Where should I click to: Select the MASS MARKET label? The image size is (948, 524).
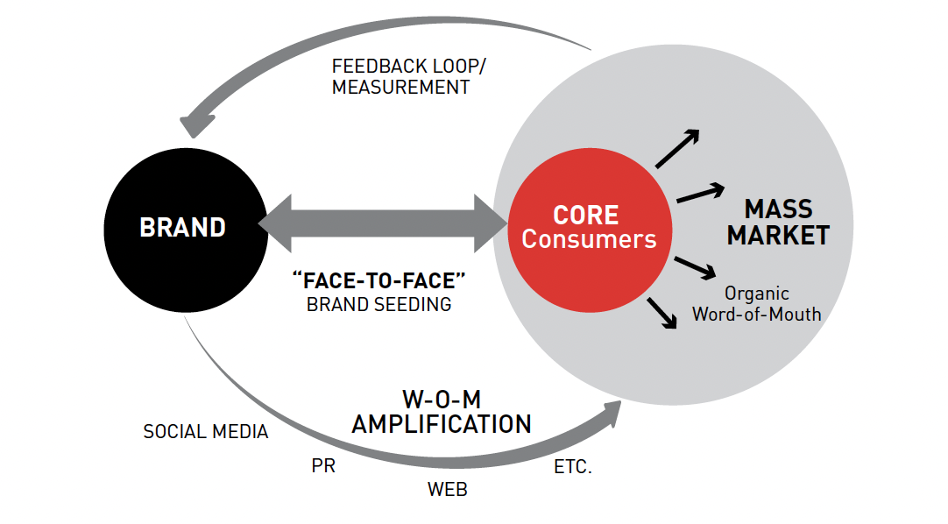(x=778, y=223)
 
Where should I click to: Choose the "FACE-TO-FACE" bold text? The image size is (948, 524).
(x=378, y=280)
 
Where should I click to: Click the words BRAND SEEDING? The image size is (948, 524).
(x=378, y=305)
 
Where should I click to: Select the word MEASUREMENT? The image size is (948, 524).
(x=400, y=88)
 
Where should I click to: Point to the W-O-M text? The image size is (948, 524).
(x=442, y=399)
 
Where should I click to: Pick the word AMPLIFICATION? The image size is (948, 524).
(x=442, y=424)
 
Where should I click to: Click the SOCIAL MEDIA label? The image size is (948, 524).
(x=206, y=432)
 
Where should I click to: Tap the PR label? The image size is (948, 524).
(x=323, y=467)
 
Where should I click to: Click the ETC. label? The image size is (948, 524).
(x=573, y=467)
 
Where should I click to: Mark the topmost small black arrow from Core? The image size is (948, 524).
(x=678, y=148)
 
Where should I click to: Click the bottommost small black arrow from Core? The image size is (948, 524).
(x=663, y=314)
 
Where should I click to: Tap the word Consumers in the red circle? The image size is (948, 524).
(x=589, y=238)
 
